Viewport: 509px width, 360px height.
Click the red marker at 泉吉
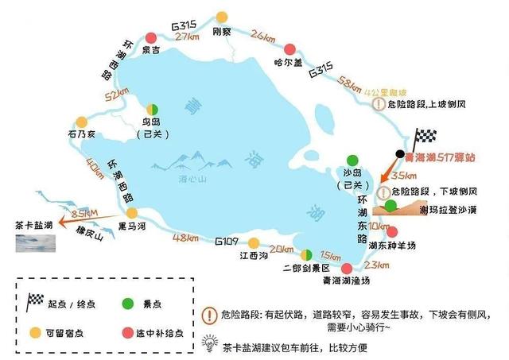pyautogui.click(x=152, y=37)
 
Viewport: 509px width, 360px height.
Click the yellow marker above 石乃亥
pyautogui.click(x=80, y=122)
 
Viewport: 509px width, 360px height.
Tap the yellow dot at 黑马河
pyautogui.click(x=132, y=213)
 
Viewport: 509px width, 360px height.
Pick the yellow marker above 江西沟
pyautogui.click(x=254, y=242)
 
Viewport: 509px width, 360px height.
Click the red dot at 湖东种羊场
pyautogui.click(x=391, y=232)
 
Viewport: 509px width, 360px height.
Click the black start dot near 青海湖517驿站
pyautogui.click(x=400, y=153)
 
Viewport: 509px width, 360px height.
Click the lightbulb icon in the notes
pyautogui.click(x=211, y=343)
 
